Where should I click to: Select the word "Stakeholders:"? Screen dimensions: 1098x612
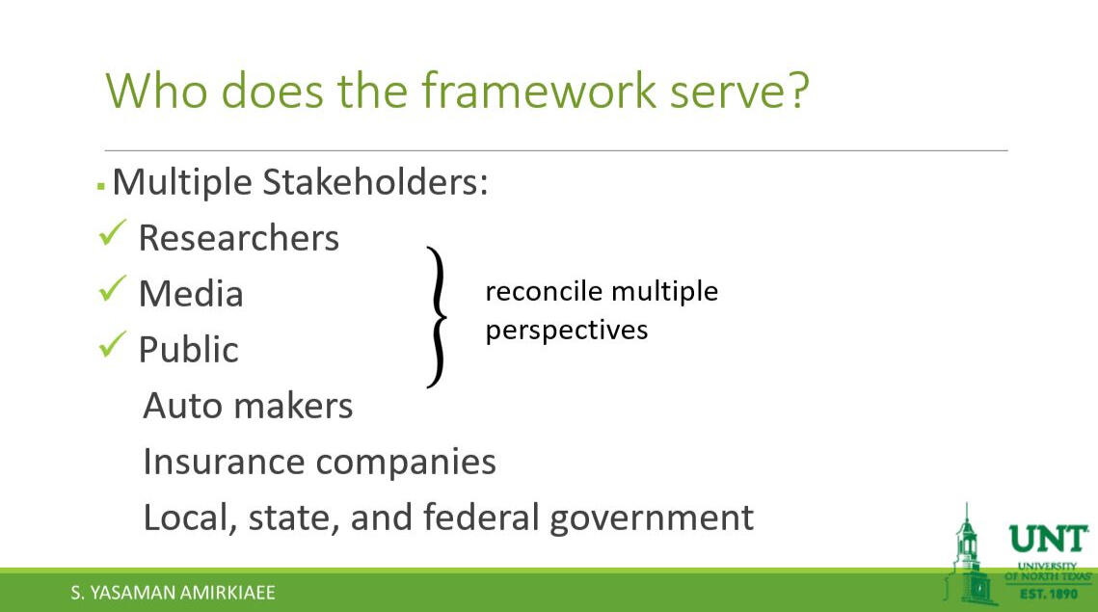point(375,182)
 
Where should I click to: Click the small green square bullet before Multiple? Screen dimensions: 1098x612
point(101,186)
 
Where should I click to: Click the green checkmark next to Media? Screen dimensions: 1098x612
point(112,288)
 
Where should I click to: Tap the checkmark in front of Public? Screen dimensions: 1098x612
point(112,344)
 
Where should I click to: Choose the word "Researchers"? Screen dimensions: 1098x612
point(239,238)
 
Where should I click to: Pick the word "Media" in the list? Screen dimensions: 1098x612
point(191,293)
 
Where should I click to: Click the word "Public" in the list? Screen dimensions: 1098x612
point(188,350)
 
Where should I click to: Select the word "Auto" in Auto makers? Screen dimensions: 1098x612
point(182,406)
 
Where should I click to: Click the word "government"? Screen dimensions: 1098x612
point(652,519)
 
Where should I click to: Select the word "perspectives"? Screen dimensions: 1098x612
point(567,332)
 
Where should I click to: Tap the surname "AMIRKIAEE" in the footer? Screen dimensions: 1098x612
point(228,593)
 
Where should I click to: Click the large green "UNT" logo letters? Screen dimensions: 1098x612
point(1048,539)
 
